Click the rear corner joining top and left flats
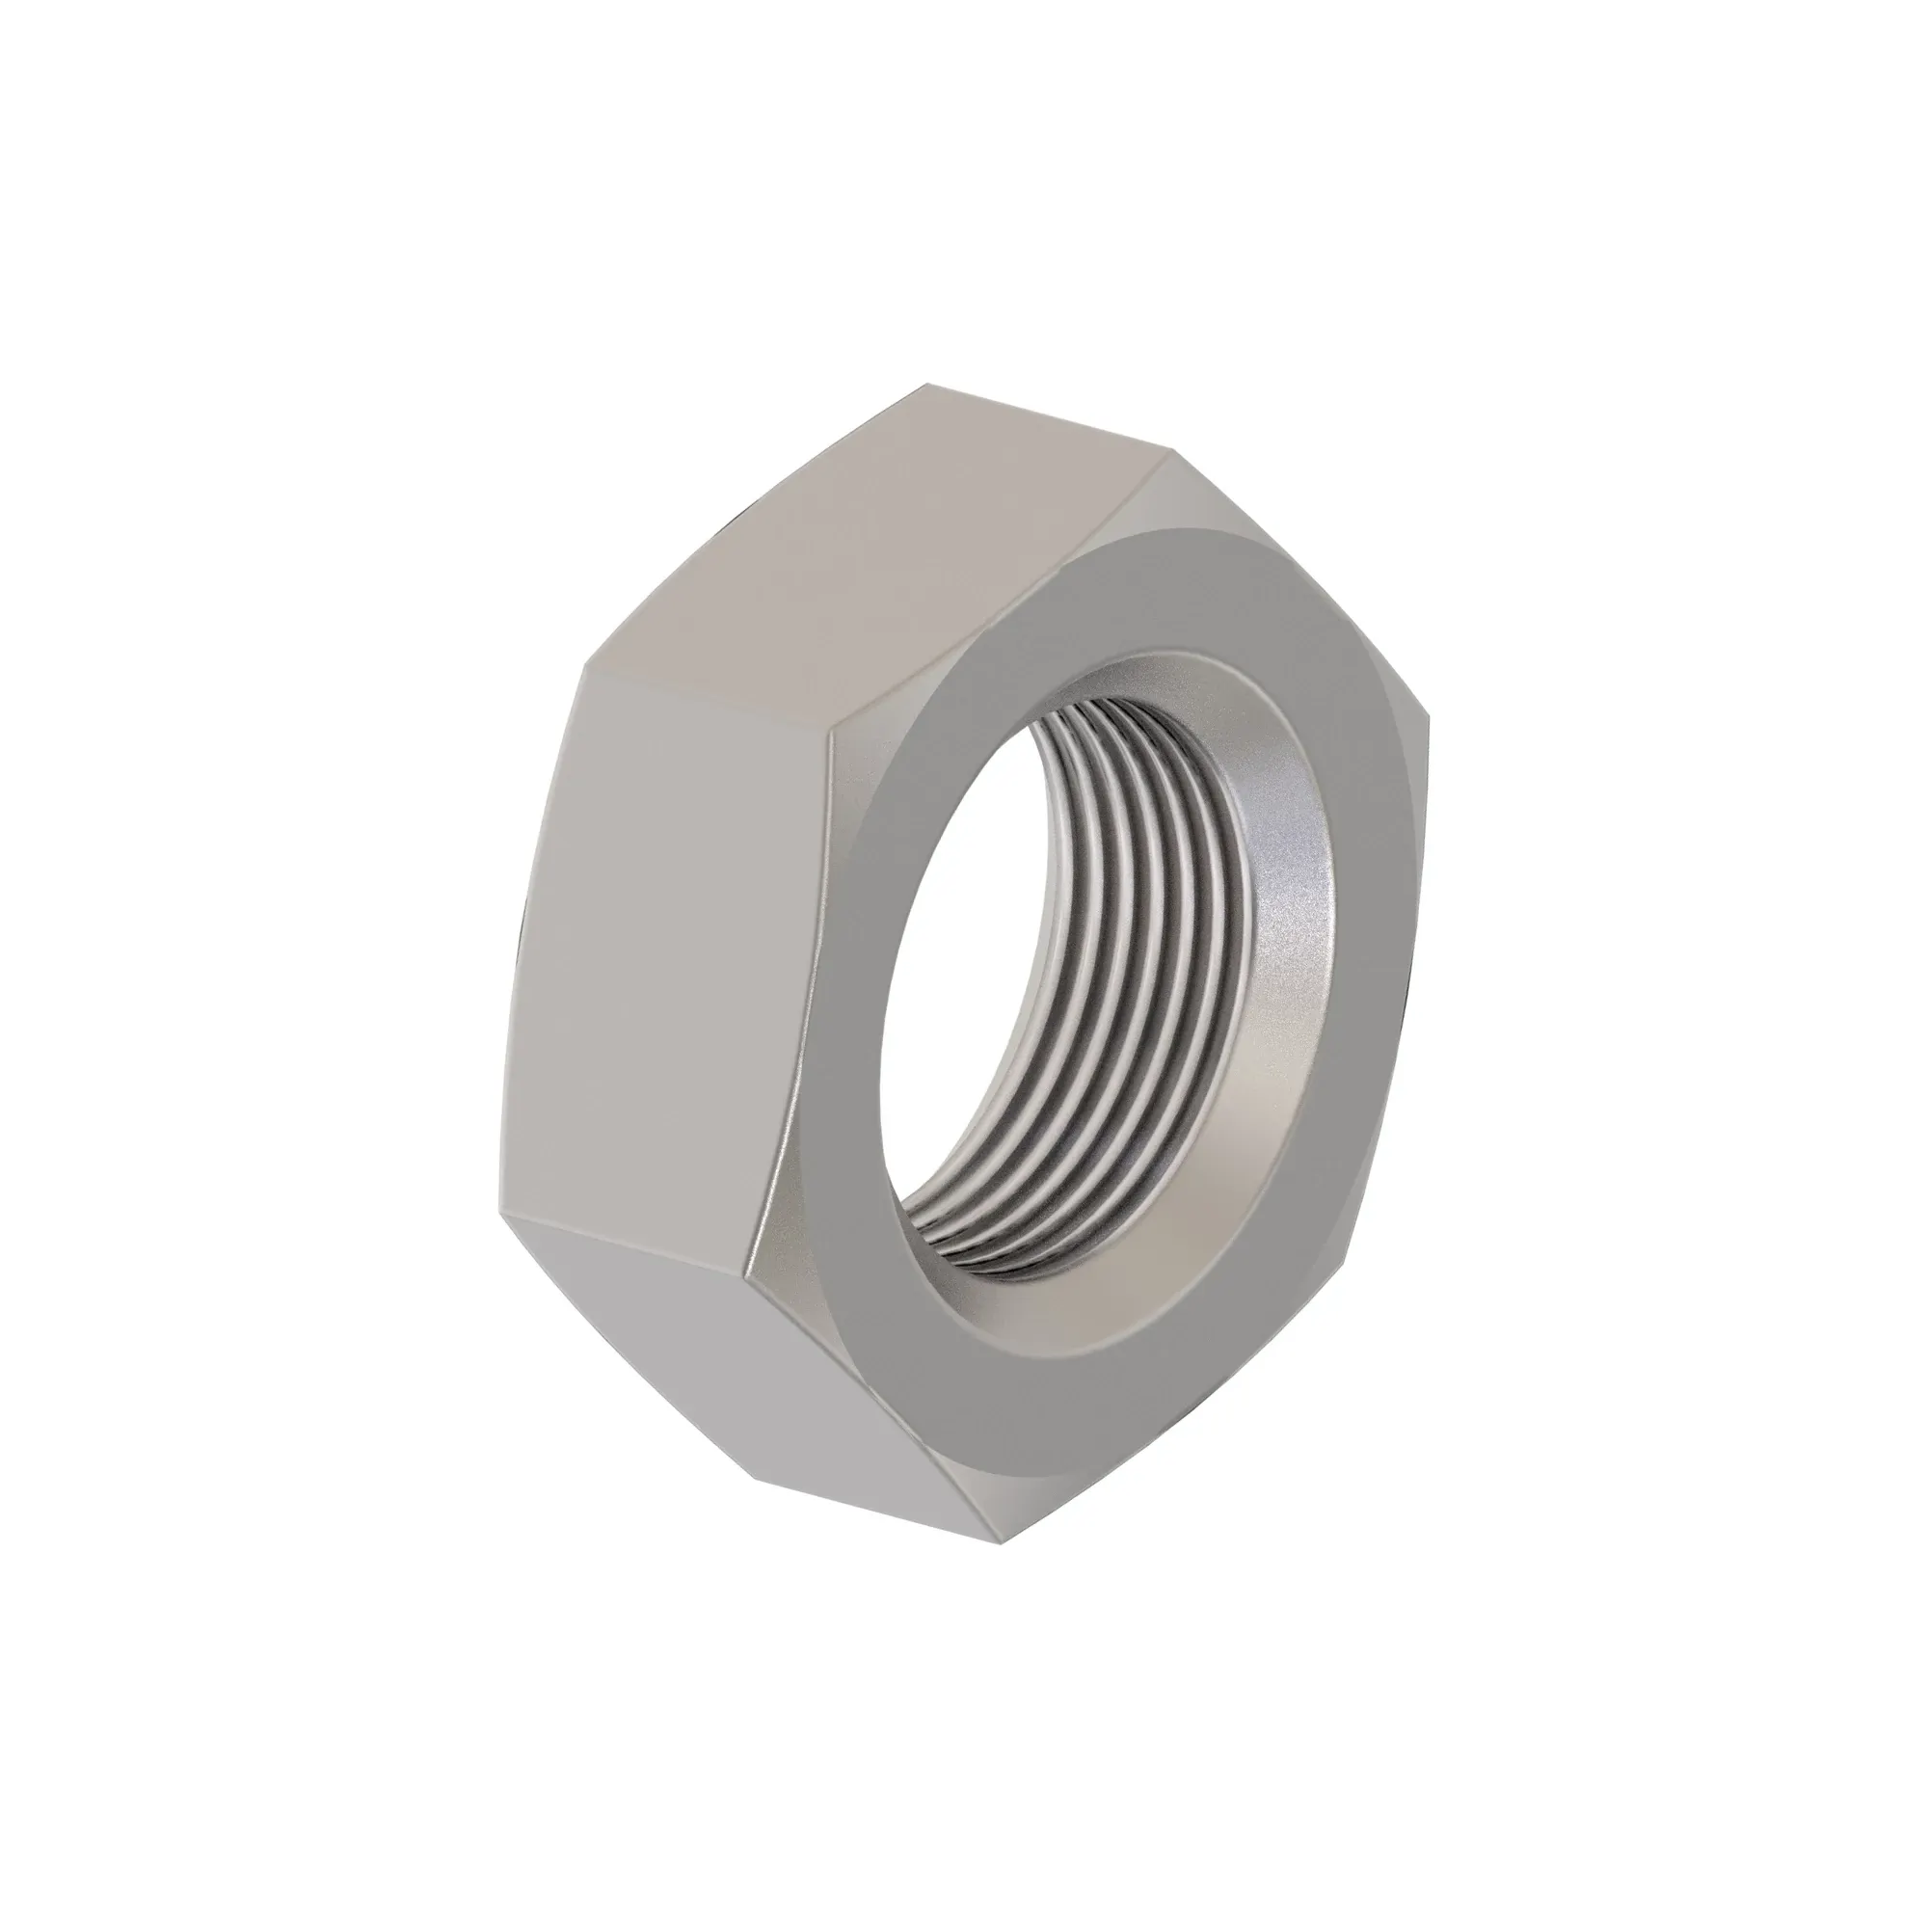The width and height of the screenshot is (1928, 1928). point(584,671)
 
